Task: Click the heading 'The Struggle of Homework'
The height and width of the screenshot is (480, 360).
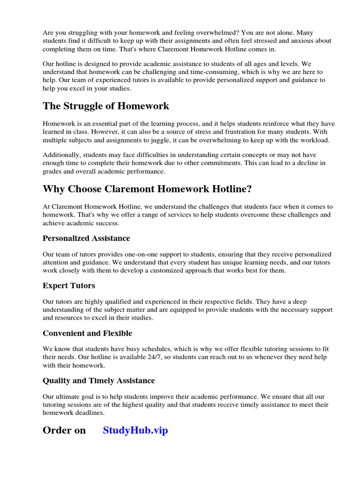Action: click(x=106, y=106)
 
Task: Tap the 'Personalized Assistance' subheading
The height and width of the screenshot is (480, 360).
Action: click(x=86, y=238)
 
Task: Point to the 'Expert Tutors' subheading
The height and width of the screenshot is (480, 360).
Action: click(x=69, y=285)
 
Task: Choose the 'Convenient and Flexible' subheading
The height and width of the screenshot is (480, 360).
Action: click(x=87, y=333)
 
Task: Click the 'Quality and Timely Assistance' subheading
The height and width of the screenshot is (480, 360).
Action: click(x=98, y=381)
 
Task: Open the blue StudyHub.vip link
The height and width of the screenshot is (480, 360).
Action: click(x=135, y=430)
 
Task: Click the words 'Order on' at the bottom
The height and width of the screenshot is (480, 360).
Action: click(x=64, y=430)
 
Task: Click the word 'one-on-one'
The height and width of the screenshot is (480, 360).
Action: click(x=131, y=254)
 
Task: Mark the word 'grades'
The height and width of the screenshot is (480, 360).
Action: click(x=53, y=172)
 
